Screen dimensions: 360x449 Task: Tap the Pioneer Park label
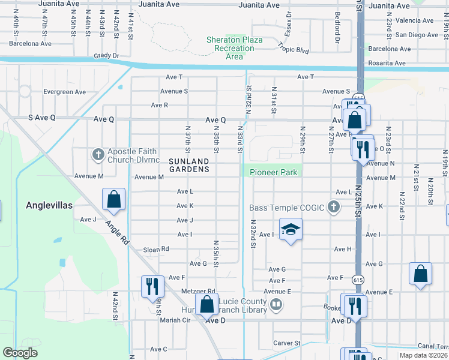pos(273,172)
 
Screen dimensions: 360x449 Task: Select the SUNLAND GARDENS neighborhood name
pos(189,165)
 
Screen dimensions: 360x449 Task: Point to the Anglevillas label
pos(49,205)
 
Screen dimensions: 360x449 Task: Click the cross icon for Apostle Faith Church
pos(98,155)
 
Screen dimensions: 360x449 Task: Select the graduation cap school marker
pos(291,230)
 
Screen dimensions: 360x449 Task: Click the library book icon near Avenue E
pos(276,305)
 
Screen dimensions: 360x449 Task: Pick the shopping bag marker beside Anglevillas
pos(113,200)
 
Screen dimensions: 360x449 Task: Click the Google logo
pos(20,353)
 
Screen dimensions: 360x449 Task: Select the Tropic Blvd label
pos(294,47)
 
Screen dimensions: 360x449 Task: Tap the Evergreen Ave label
pos(65,92)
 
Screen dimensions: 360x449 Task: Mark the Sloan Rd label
pos(156,249)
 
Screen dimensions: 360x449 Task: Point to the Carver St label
pos(287,343)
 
